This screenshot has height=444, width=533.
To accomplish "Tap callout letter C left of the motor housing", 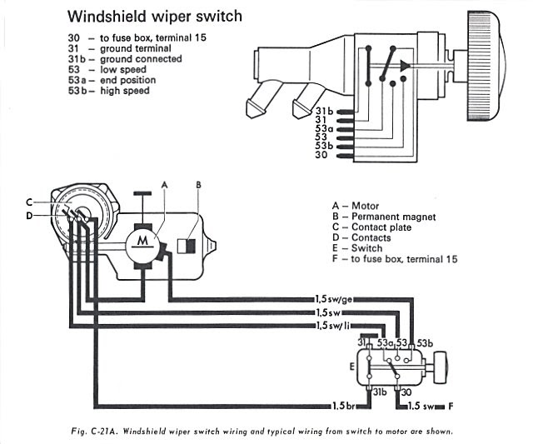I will [28, 202].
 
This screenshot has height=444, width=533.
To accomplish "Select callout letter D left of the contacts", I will [28, 216].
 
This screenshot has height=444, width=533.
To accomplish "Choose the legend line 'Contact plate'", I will [380, 227].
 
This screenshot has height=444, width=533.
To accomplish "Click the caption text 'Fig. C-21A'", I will [93, 432].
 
